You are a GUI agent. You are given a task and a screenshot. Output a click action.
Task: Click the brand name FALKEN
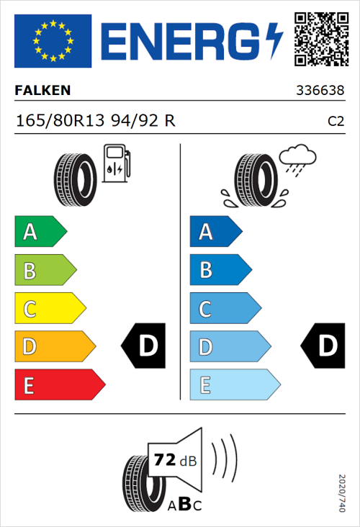click(42, 91)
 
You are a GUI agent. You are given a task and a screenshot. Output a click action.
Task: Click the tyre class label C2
click(336, 121)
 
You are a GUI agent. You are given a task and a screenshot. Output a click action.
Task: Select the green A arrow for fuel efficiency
click(40, 232)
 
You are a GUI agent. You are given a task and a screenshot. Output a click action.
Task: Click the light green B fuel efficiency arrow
click(45, 271)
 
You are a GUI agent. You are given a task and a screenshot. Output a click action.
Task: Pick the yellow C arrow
click(49, 308)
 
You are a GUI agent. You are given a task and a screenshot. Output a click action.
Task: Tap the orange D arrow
click(54, 346)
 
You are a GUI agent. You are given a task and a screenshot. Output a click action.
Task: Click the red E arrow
click(59, 384)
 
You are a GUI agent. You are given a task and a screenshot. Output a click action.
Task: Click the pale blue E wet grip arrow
click(234, 384)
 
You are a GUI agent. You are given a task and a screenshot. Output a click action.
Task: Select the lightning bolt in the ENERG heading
click(276, 40)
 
